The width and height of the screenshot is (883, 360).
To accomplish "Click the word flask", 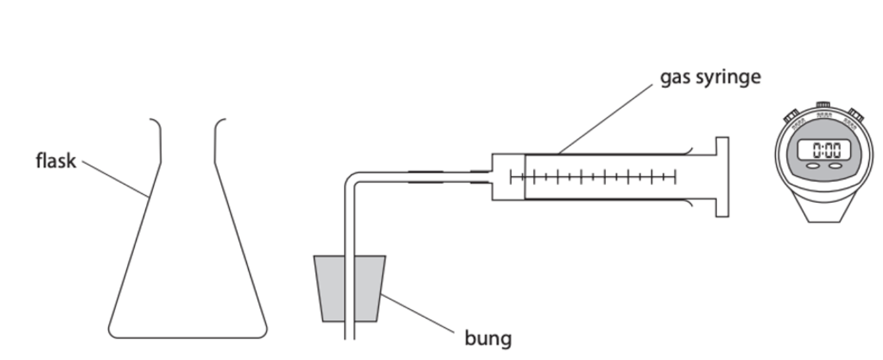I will coord(55,161).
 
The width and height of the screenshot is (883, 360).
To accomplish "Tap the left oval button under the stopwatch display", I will coord(813,166).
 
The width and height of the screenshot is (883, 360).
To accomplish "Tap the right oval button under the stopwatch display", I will coord(835,166).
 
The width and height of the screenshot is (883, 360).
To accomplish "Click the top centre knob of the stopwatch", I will coord(823,104).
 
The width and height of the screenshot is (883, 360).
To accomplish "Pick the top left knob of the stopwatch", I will coord(791,115).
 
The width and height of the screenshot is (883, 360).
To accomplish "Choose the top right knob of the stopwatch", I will coord(856,115).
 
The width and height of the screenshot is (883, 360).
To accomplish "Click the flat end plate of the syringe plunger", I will coord(722,177).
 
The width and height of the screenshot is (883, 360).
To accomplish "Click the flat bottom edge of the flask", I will coord(188,336).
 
